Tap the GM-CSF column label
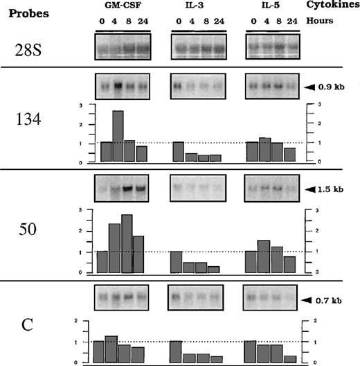coord(120,8)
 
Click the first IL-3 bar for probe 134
coord(179,152)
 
